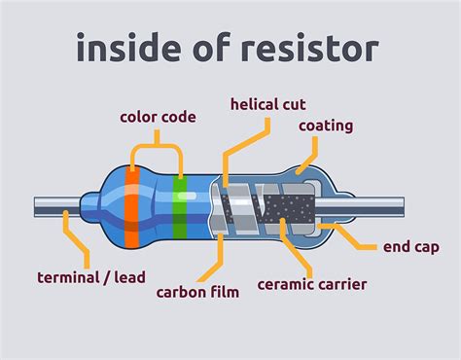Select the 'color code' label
coord(158,118)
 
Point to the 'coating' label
coord(326,126)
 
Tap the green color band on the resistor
coord(178,204)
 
